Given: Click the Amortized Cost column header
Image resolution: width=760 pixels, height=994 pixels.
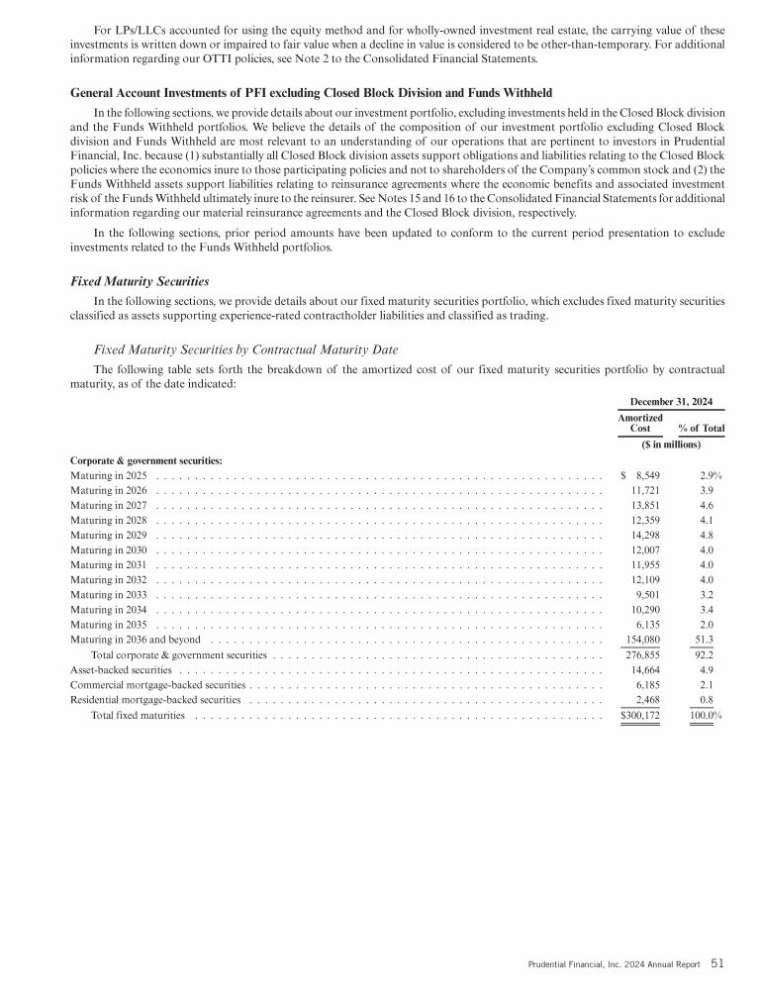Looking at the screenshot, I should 640,424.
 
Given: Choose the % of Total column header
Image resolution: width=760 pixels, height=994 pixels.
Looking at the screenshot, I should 702,429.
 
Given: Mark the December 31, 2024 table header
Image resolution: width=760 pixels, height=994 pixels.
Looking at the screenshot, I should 671,402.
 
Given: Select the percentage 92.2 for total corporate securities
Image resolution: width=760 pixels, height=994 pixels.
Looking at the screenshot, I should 708,655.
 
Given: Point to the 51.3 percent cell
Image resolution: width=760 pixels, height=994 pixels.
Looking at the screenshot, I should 708,641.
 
